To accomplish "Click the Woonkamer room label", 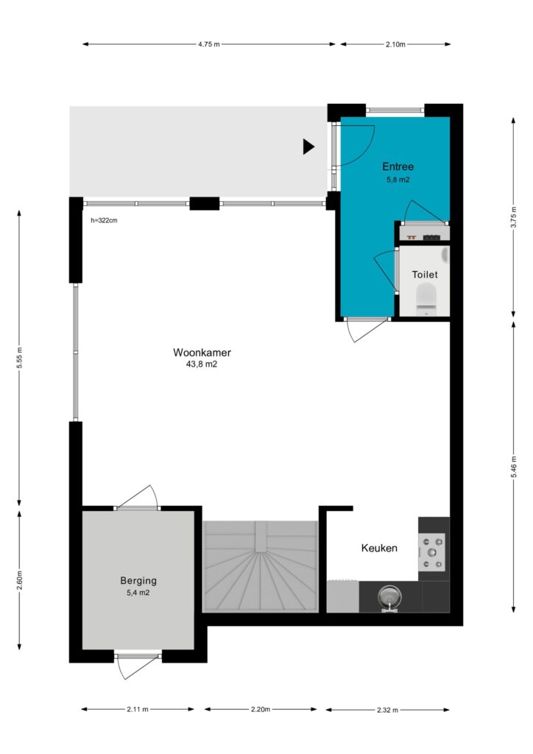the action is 202,353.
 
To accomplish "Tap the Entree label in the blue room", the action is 398,167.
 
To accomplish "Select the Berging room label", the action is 138,581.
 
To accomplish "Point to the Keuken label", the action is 379,548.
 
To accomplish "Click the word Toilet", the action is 425,275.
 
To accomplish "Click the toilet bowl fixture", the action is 426,298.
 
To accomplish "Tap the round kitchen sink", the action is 389,598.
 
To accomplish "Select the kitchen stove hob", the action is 431,552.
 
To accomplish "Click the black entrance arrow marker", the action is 308,147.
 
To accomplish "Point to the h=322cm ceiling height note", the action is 104,221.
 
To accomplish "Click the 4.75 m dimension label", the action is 209,44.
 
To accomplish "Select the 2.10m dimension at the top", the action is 395,44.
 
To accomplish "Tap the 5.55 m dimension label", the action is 19,358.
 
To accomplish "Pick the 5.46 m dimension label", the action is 513,467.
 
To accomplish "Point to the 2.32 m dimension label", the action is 387,709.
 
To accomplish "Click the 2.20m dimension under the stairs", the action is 261,709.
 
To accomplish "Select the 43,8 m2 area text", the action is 202,364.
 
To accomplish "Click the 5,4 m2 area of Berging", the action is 138,593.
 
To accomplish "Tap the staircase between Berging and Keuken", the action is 261,566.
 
